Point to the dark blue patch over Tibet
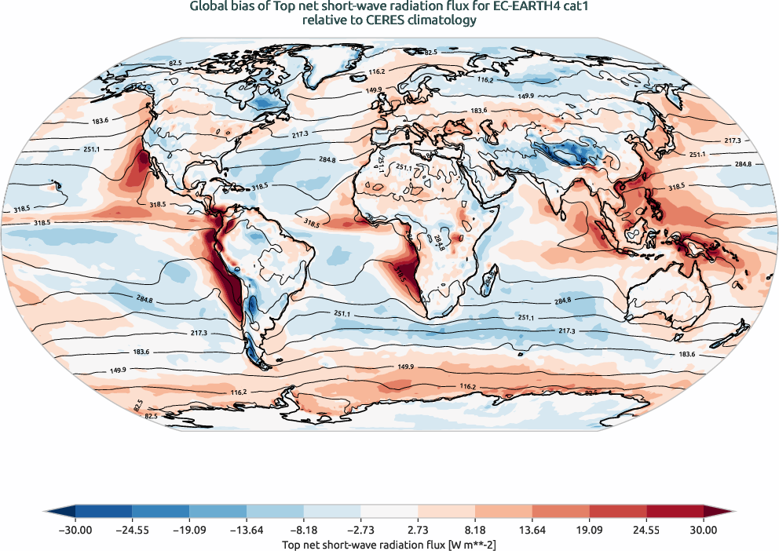click(x=567, y=151)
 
